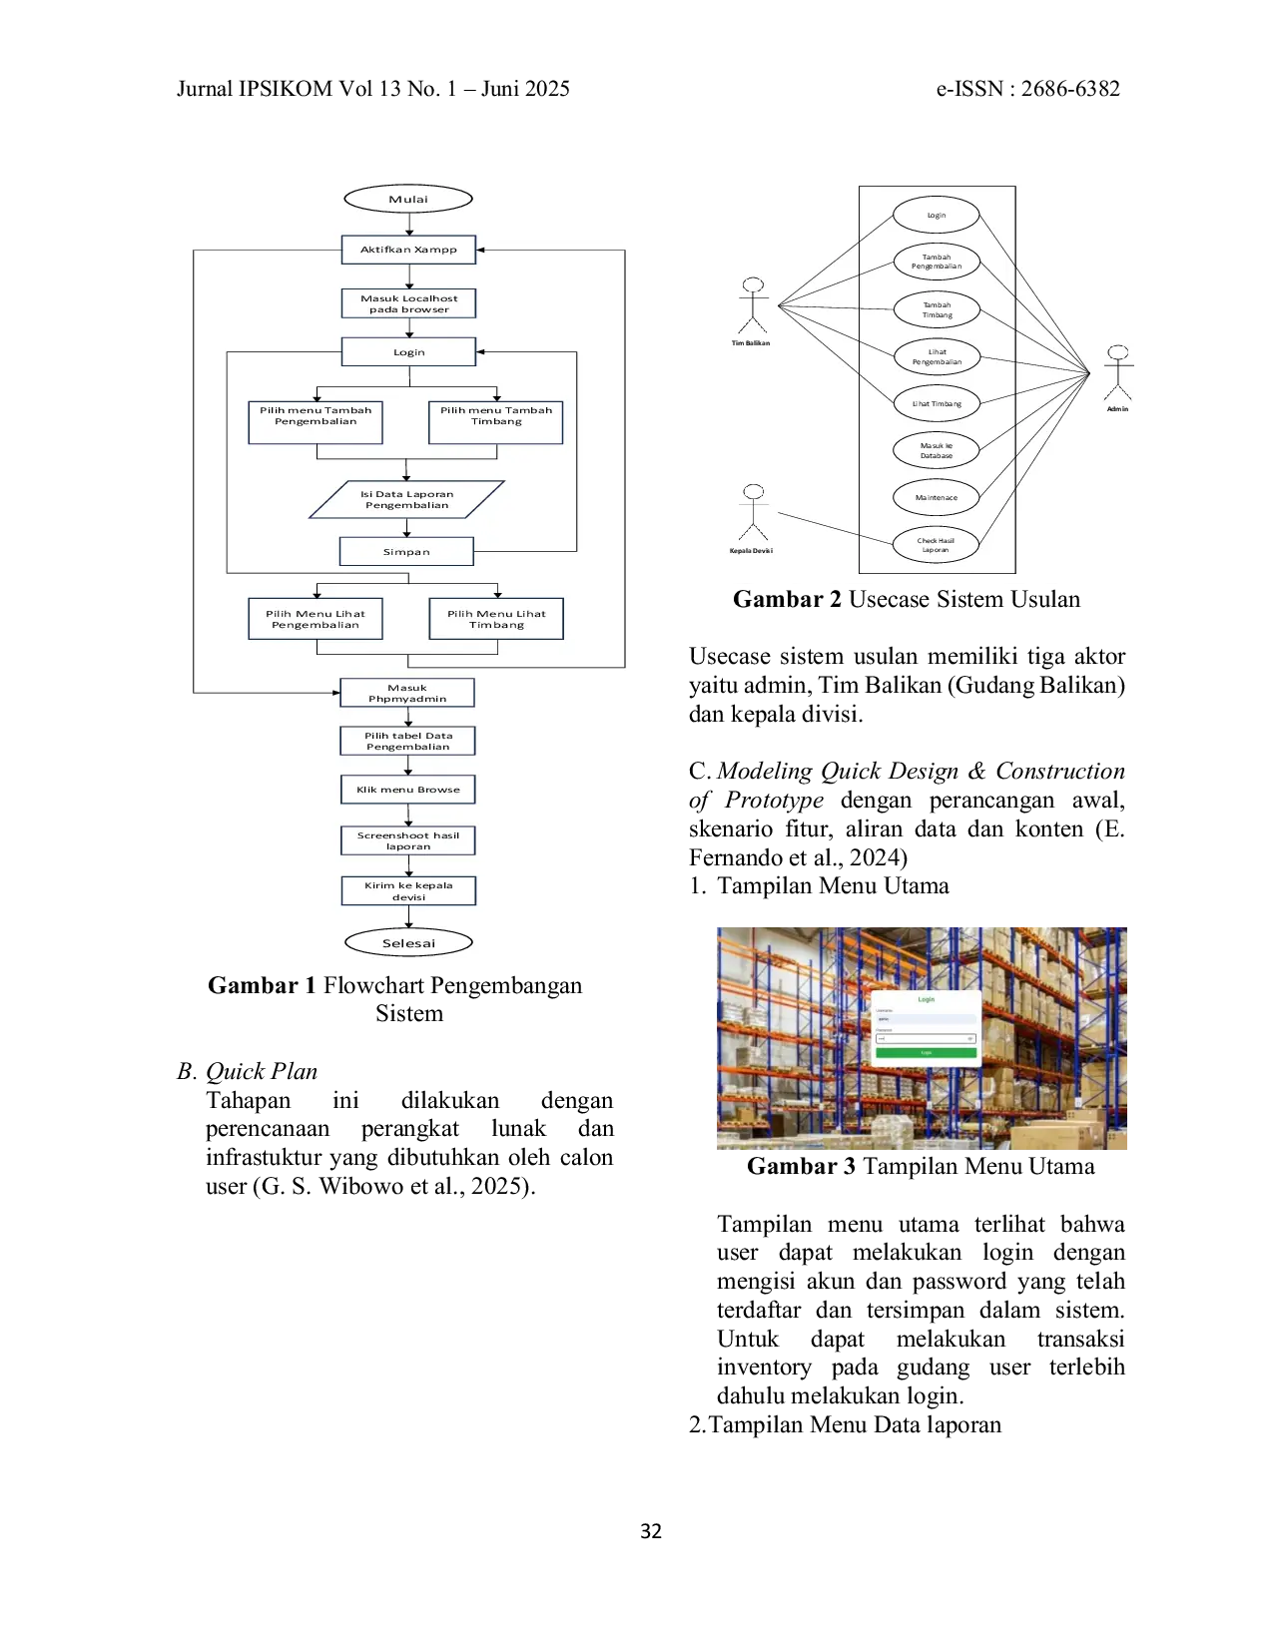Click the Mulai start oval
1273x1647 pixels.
pyautogui.click(x=407, y=199)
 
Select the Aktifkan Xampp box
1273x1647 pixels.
pyautogui.click(x=408, y=250)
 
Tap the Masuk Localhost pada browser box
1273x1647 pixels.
pyautogui.click(x=408, y=303)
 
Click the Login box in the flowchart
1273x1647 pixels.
pyautogui.click(x=408, y=352)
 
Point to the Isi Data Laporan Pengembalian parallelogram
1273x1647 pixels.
pyautogui.click(x=406, y=500)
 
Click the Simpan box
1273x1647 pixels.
pyautogui.click(x=406, y=552)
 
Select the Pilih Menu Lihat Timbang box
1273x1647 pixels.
pyautogui.click(x=496, y=619)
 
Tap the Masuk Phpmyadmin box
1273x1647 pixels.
pyautogui.click(x=407, y=693)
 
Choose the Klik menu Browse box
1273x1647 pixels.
pyautogui.click(x=408, y=790)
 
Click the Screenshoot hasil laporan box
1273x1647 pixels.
pyautogui.click(x=408, y=840)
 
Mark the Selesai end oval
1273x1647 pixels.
pyautogui.click(x=408, y=943)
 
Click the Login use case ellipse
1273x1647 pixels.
pyautogui.click(x=936, y=215)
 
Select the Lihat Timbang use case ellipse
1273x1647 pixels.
pyautogui.click(x=936, y=403)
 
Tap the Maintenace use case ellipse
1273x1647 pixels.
pyautogui.click(x=936, y=497)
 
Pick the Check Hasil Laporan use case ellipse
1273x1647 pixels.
pyautogui.click(x=936, y=545)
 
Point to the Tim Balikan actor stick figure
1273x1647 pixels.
pyautogui.click(x=753, y=305)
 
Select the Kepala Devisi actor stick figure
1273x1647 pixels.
pyautogui.click(x=753, y=512)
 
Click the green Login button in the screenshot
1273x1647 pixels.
pyautogui.click(x=926, y=1052)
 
